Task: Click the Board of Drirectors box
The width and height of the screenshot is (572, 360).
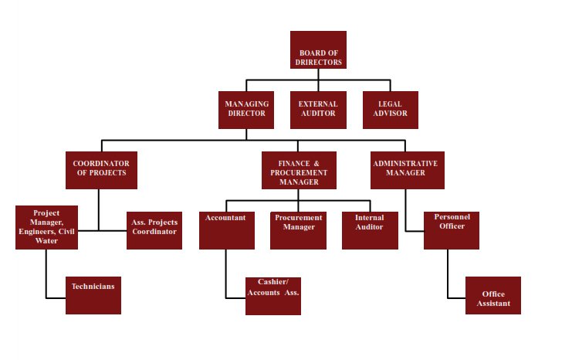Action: point(318,50)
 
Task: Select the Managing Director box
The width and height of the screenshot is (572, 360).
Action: point(246,110)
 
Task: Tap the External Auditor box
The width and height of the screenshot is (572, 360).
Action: point(317,110)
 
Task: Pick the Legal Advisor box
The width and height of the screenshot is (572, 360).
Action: point(391,110)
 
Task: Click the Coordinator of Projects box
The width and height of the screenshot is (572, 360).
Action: point(101,170)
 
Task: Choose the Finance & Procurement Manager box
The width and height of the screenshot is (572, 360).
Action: point(298,171)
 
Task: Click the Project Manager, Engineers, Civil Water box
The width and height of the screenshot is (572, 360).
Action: point(46,227)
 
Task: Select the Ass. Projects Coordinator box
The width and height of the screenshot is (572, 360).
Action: point(154,230)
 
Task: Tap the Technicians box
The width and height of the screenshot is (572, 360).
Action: point(93,295)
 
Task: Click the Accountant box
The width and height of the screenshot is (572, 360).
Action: point(226,230)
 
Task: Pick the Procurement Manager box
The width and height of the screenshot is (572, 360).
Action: point(298,230)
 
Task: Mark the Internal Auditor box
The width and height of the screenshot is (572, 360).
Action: point(370,230)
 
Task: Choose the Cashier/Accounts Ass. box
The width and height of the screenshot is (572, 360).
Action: point(273,295)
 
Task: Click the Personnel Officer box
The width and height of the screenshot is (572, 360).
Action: point(452,230)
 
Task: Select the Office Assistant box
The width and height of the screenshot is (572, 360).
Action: point(493,295)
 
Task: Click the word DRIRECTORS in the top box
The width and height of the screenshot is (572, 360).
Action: point(319,62)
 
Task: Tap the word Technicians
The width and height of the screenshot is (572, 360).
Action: point(93,287)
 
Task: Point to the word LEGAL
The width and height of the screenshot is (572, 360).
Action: point(390,104)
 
